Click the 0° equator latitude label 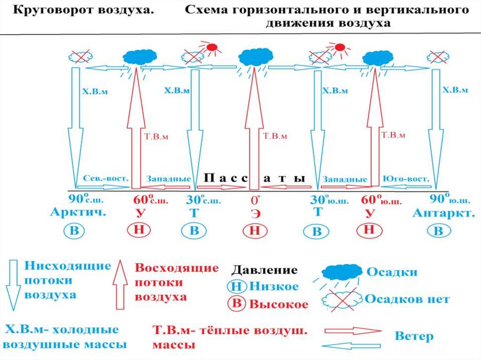pos(254,199)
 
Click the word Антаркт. pos(442,213)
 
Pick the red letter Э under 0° pos(255,214)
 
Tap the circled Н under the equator pos(255,230)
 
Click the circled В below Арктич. pos(75,230)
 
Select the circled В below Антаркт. pos(438,231)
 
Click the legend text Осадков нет pos(407,299)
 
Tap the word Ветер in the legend pos(414,336)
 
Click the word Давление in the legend pos(264,270)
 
